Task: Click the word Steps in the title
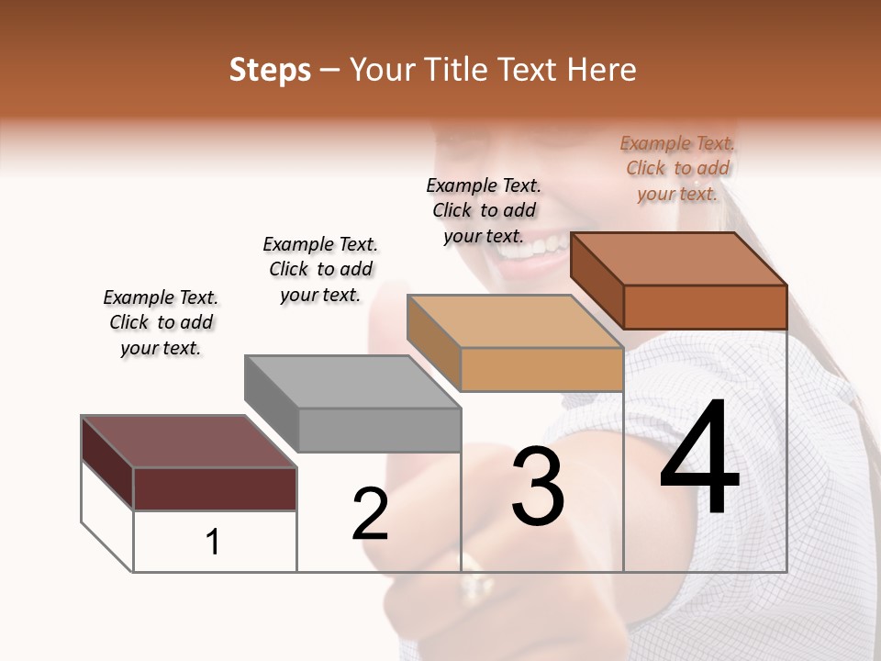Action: click(270, 70)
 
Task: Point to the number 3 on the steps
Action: click(537, 487)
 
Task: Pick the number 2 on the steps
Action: click(370, 514)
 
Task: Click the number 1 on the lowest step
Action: click(213, 542)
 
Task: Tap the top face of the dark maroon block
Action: click(188, 442)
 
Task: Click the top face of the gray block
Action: click(351, 381)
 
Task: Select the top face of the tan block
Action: click(515, 321)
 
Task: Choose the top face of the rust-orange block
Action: click(678, 258)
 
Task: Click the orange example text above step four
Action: click(677, 168)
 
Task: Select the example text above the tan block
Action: click(484, 210)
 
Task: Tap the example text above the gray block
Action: click(320, 269)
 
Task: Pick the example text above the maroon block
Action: click(161, 322)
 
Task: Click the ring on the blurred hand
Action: click(474, 579)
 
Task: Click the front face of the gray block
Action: click(380, 430)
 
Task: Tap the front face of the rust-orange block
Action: click(705, 307)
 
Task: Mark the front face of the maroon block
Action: click(215, 488)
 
